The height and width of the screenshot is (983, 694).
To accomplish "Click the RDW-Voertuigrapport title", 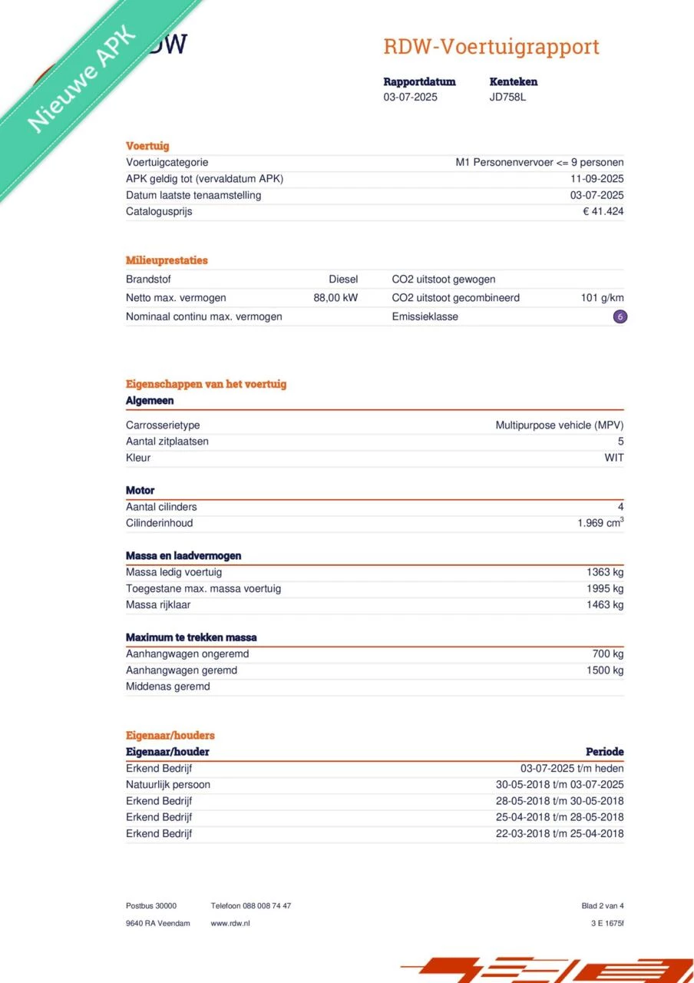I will [x=491, y=47].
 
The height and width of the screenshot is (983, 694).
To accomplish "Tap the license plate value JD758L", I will [x=507, y=98].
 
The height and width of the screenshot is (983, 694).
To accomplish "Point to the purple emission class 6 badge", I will [x=620, y=316].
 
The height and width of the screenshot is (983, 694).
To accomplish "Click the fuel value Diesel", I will [x=343, y=280].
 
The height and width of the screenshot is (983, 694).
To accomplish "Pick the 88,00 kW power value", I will [x=335, y=298].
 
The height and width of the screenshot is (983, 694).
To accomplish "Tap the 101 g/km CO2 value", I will [x=602, y=298].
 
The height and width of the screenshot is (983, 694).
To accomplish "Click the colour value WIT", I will [x=614, y=458].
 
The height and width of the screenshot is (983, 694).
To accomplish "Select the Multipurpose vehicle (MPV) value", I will [x=560, y=425].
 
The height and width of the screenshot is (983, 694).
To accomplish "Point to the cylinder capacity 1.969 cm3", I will [x=600, y=523].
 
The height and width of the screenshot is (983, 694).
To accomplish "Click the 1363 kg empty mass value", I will [x=605, y=572].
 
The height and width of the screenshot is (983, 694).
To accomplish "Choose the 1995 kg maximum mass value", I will [x=605, y=589].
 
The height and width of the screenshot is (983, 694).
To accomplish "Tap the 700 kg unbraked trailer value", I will [x=608, y=654].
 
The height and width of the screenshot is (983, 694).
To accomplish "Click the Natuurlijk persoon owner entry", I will [x=168, y=785].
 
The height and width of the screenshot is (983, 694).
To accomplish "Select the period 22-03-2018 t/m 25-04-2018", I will [x=560, y=834].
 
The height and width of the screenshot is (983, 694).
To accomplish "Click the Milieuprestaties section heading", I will [x=167, y=260].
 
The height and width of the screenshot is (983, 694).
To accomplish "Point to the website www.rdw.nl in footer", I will [x=230, y=923].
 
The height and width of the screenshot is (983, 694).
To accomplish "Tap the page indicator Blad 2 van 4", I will [x=603, y=906].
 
